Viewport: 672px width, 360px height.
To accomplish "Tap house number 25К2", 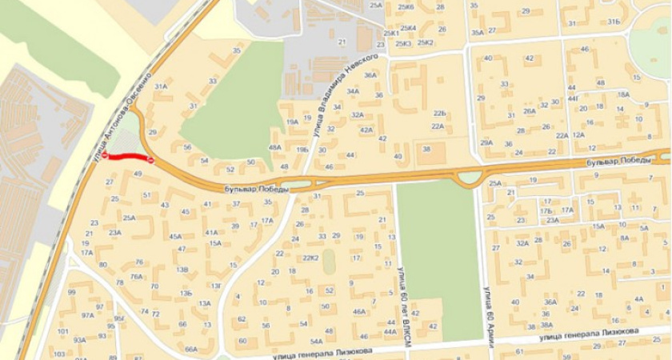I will coord(425,42).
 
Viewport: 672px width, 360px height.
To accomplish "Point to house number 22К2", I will coord(311,258).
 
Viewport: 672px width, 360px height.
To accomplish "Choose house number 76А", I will coord(137,277).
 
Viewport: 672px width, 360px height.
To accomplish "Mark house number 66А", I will coord(190,349).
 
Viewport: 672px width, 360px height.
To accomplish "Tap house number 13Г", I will coord(215,286).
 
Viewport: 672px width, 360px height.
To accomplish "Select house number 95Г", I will coord(118,318).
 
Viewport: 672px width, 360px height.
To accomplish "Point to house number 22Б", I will coord(439,114).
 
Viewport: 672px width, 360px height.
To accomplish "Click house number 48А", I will coord(274,147).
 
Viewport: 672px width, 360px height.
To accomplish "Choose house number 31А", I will coord(160,86).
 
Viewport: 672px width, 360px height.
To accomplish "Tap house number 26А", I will coord(530,112).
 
